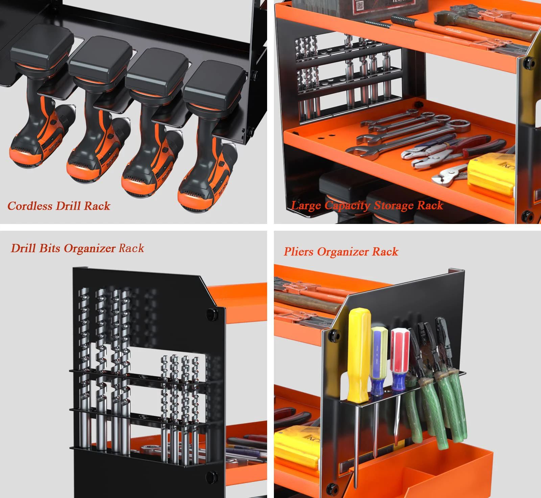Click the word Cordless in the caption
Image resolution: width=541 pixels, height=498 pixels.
point(30,206)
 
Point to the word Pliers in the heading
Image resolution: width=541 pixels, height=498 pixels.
point(299,252)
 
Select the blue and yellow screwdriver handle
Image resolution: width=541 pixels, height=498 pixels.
point(379,359)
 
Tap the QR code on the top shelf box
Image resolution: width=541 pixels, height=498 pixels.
point(360,5)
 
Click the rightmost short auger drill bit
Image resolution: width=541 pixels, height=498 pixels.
point(195,389)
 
